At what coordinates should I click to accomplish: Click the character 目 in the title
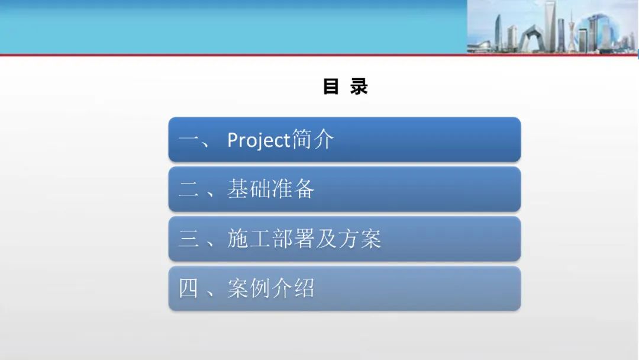pos(331,86)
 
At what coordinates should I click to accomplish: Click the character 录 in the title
pos(359,86)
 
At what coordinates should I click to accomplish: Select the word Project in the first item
pos(259,140)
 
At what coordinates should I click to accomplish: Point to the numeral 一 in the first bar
pos(188,140)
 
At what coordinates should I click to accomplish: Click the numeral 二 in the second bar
pos(188,189)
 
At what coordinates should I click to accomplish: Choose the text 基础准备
pos(270,189)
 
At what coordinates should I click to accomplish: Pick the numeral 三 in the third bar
pos(188,239)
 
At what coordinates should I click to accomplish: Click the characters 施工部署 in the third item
pos(270,239)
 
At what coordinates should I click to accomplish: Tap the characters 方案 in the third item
pos(360,239)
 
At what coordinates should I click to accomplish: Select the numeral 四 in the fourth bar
pos(188,288)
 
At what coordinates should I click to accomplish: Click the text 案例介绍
pos(270,288)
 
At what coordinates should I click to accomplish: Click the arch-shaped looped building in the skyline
pos(531,38)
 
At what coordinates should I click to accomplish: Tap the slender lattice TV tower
pos(572,31)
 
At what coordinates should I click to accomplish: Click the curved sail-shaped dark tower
pos(498,31)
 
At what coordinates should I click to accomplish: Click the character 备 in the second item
pos(304,189)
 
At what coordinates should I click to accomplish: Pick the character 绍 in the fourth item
pos(304,288)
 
